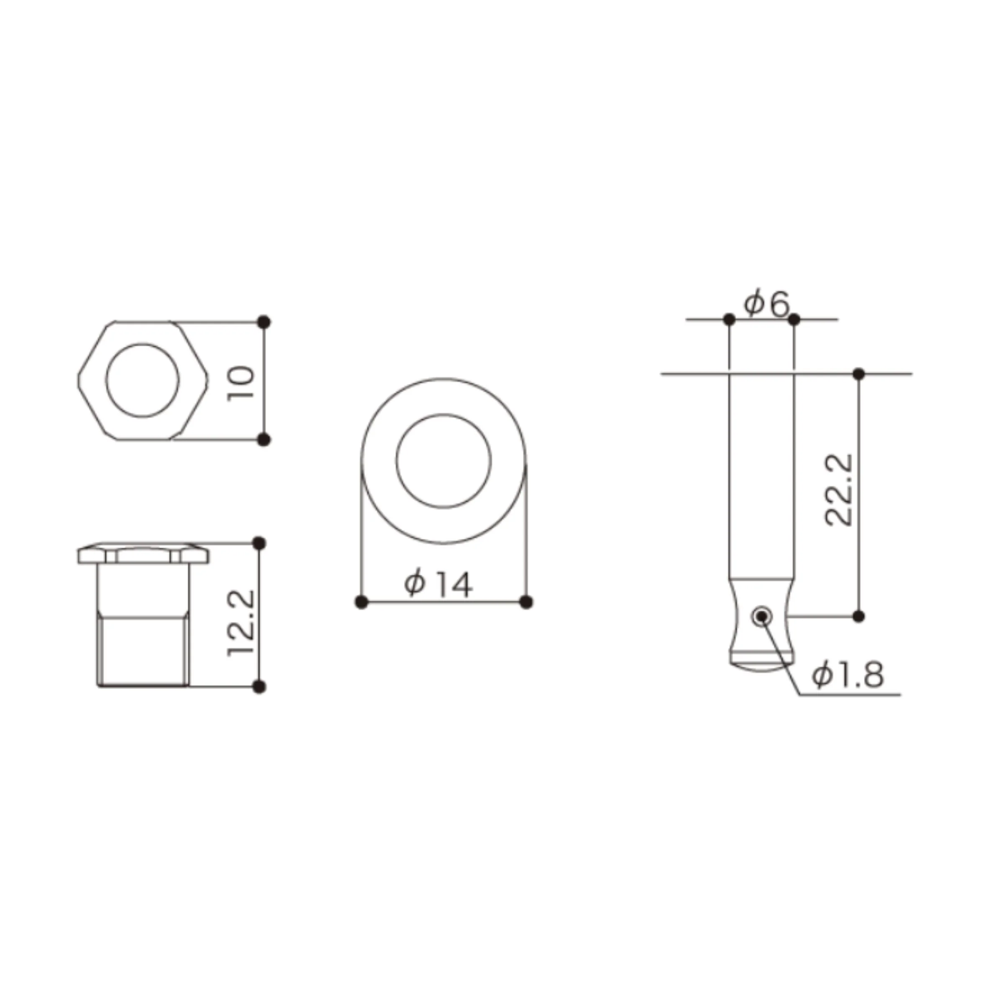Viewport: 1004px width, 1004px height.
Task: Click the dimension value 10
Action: point(241,382)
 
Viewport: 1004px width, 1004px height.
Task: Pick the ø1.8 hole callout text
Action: point(848,675)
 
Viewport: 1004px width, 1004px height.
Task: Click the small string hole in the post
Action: point(762,617)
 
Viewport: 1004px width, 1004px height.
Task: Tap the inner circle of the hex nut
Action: point(142,343)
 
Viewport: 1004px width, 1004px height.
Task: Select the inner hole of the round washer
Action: point(444,414)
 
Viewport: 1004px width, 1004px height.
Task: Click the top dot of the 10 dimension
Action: point(264,322)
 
